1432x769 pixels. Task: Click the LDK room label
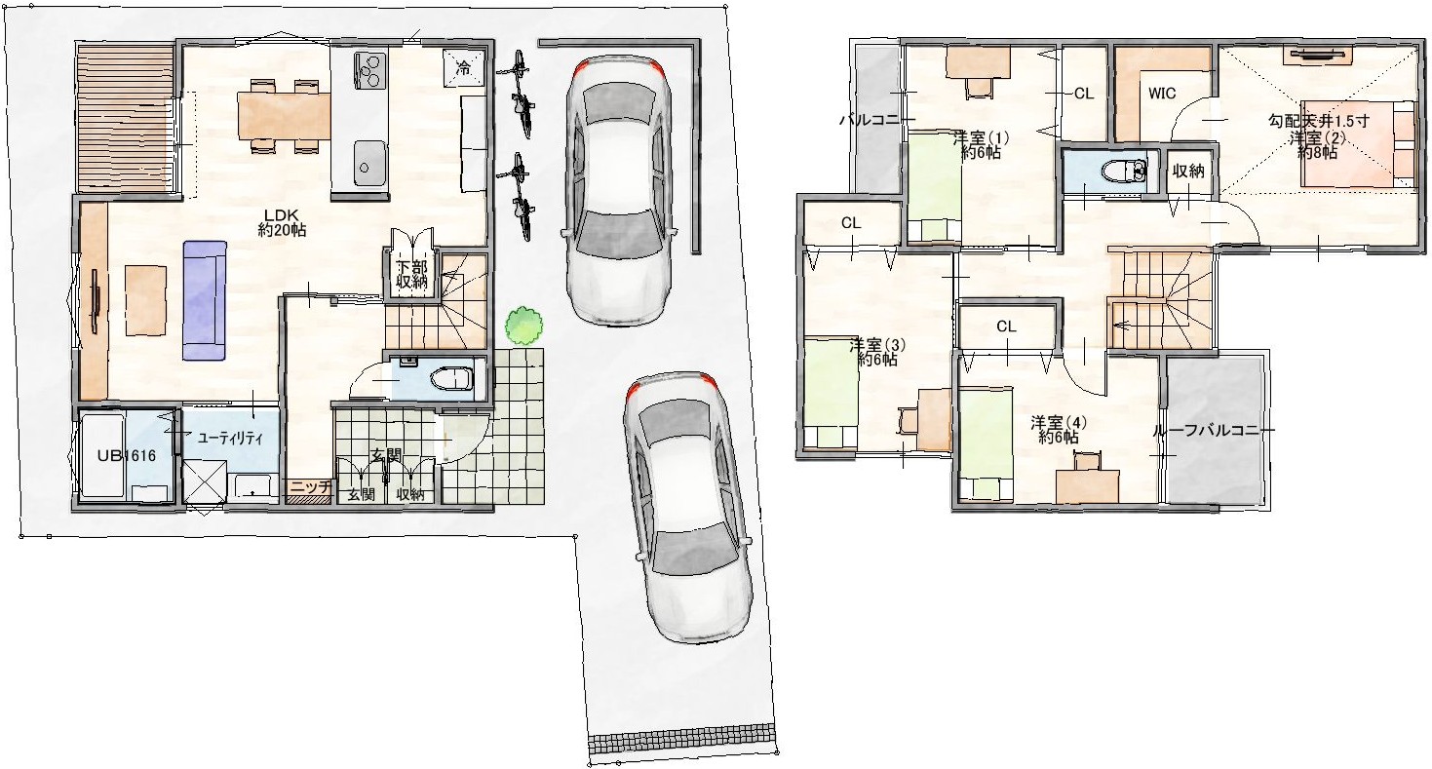(282, 222)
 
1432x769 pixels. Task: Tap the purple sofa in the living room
(205, 300)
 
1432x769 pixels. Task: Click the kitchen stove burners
(368, 69)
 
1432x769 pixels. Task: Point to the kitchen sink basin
(368, 162)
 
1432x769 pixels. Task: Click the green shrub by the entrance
(524, 326)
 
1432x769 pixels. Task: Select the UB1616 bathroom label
(127, 456)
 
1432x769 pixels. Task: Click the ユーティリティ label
(230, 438)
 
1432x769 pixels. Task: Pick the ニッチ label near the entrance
(310, 486)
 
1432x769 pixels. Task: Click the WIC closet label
(1162, 94)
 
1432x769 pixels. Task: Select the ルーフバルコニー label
(1213, 430)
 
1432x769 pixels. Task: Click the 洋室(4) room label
(1059, 430)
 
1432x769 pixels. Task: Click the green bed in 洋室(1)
(935, 185)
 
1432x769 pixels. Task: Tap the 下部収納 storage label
(411, 274)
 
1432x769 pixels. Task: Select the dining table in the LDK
(284, 116)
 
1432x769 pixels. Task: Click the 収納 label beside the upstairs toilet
(1188, 171)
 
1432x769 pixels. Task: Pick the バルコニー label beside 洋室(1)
(877, 120)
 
